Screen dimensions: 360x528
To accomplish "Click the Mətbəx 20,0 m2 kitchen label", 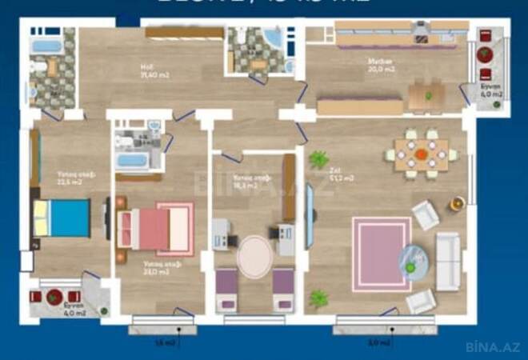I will pyautogui.click(x=378, y=66).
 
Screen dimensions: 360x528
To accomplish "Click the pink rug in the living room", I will pyautogui.click(x=380, y=253).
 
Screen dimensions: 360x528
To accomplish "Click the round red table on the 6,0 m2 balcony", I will pyautogui.click(x=486, y=54).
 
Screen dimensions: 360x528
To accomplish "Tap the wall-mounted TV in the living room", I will pyautogui.click(x=310, y=220).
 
